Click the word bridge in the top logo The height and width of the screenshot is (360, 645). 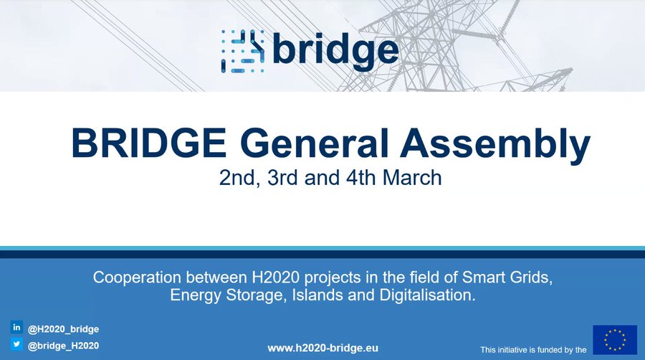coord(335,50)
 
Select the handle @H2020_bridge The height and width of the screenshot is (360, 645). coord(63,329)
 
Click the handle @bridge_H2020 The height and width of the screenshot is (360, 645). coord(63,346)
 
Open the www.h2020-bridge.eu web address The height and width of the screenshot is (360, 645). coord(322,348)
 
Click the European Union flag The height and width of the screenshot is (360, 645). coord(614,339)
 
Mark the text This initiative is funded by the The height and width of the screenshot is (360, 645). coord(533,350)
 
